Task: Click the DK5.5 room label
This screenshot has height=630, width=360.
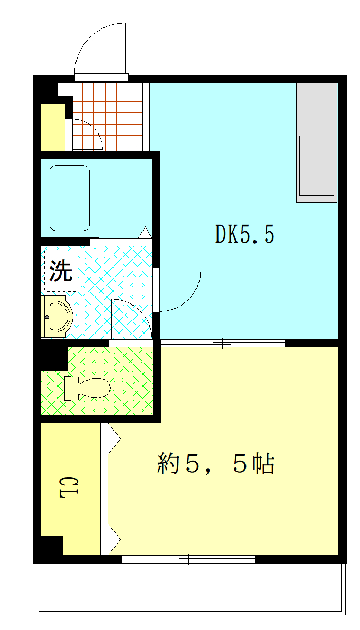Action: click(x=244, y=235)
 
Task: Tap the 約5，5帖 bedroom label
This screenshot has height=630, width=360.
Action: click(x=216, y=464)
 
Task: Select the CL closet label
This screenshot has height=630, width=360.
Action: click(x=69, y=488)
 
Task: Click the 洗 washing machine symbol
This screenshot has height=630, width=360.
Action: click(x=61, y=271)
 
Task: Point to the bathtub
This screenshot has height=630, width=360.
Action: click(x=70, y=198)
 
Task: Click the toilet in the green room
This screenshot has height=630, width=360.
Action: click(x=87, y=388)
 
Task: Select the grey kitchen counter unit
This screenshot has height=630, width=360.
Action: click(x=316, y=142)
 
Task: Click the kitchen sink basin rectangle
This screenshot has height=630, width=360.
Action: click(x=316, y=166)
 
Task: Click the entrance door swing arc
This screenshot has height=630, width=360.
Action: click(x=100, y=50)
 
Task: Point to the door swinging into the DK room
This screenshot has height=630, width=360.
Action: click(x=179, y=290)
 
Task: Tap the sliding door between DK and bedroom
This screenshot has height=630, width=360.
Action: click(x=222, y=343)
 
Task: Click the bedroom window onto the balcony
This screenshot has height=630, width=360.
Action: click(x=188, y=559)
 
